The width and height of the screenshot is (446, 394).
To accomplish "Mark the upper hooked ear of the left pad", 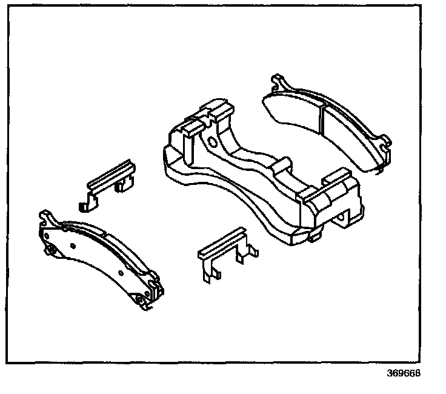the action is coord(45,216).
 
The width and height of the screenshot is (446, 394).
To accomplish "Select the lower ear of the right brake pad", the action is coord(385,145).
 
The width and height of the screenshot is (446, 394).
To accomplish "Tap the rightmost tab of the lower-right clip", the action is coord(254,250).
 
